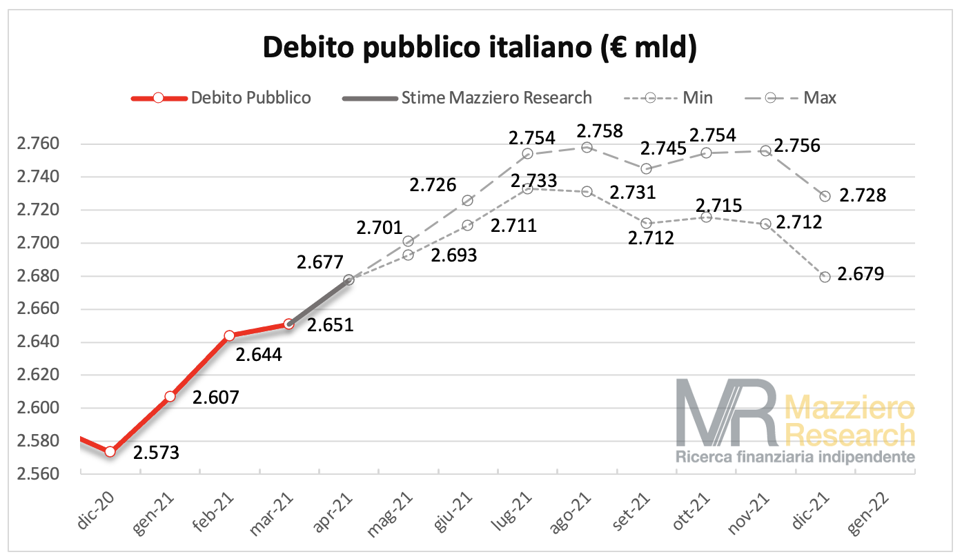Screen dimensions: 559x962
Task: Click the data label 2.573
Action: pos(156,453)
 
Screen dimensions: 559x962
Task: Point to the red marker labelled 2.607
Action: pos(170,397)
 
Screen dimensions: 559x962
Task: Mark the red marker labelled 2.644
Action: pos(230,335)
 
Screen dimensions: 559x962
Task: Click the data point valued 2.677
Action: pos(349,279)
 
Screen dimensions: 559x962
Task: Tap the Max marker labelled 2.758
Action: pos(587,147)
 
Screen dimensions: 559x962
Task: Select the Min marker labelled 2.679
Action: pos(825,277)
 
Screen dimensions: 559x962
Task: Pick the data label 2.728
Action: pos(862,196)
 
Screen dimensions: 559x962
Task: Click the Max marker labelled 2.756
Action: pos(765,150)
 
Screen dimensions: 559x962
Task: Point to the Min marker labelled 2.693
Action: pos(408,255)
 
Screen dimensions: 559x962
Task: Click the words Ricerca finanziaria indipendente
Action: pos(795,457)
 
